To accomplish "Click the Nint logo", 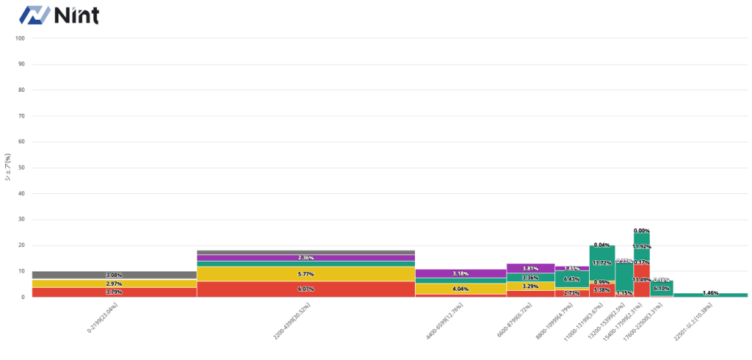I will click(x=59, y=15).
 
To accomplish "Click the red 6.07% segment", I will click(x=305, y=289).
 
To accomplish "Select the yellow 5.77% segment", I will click(x=305, y=273).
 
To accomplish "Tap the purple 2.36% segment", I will click(x=305, y=258).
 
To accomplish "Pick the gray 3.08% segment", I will click(x=114, y=275).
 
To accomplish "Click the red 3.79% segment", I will click(x=114, y=292).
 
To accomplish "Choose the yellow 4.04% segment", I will click(x=460, y=289).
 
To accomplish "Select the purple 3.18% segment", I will click(x=460, y=273).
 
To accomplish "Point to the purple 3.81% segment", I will click(x=530, y=268).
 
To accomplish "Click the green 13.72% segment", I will click(x=601, y=262).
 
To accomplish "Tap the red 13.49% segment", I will click(x=641, y=280).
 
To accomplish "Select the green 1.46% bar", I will click(x=710, y=295).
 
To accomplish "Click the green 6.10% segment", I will click(x=661, y=289).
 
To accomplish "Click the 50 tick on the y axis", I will click(x=21, y=168).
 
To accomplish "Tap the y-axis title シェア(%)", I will click(x=7, y=168).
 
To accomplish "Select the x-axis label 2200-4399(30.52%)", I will click(x=294, y=322).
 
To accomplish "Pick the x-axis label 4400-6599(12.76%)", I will click(x=449, y=322).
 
